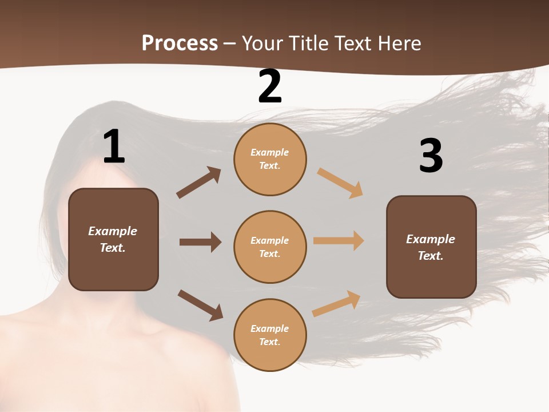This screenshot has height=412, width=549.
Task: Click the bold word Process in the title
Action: [x=180, y=43]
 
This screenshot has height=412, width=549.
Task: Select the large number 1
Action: [x=114, y=146]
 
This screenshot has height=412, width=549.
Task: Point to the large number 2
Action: [x=270, y=86]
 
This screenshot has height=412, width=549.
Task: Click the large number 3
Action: [x=431, y=156]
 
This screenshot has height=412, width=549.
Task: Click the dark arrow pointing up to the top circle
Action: [x=199, y=183]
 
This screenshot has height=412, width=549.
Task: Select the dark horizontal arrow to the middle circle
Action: [x=200, y=242]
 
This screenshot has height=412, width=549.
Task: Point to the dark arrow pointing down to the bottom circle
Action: [x=200, y=305]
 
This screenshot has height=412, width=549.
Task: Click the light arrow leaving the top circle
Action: [x=340, y=183]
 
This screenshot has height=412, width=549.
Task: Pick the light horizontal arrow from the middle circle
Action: [x=339, y=241]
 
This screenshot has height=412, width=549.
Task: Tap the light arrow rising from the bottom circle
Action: [x=336, y=303]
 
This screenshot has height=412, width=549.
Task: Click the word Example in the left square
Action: [x=113, y=231]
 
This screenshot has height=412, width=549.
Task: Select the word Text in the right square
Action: [x=431, y=256]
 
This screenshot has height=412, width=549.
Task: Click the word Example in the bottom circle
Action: [x=270, y=328]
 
